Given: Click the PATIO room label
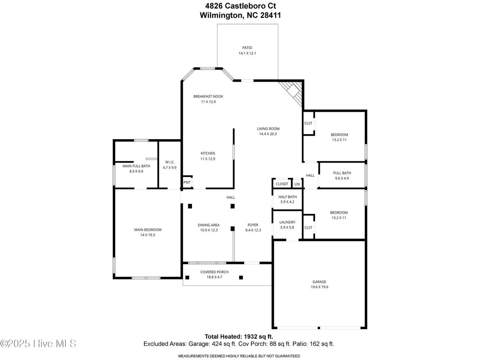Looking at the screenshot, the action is pyautogui.click(x=247, y=48).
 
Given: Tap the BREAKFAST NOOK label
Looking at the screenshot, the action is pyautogui.click(x=208, y=96).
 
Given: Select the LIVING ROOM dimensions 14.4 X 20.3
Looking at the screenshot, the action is pyautogui.click(x=268, y=134).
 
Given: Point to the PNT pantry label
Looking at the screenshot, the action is pyautogui.click(x=187, y=182).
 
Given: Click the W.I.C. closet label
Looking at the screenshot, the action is pyautogui.click(x=170, y=162).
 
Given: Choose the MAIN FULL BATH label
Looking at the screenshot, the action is pyautogui.click(x=136, y=166).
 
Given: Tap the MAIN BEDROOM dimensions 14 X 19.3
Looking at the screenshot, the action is pyautogui.click(x=148, y=235).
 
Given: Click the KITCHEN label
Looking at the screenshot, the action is pyautogui.click(x=208, y=153).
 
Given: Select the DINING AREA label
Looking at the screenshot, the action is pyautogui.click(x=208, y=225).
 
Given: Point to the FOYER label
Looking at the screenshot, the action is pyautogui.click(x=253, y=225).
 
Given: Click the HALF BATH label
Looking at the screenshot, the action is pyautogui.click(x=288, y=197).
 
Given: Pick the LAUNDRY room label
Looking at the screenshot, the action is pyautogui.click(x=287, y=222).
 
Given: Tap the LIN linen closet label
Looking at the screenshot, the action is pyautogui.click(x=297, y=184).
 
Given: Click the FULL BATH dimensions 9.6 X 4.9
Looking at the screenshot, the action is pyautogui.click(x=342, y=178).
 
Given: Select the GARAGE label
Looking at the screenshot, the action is pyautogui.click(x=319, y=282).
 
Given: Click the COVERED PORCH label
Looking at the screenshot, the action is pyautogui.click(x=214, y=272).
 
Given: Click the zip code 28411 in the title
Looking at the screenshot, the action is pyautogui.click(x=270, y=15).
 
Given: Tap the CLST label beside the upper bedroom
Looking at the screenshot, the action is pyautogui.click(x=308, y=123).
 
